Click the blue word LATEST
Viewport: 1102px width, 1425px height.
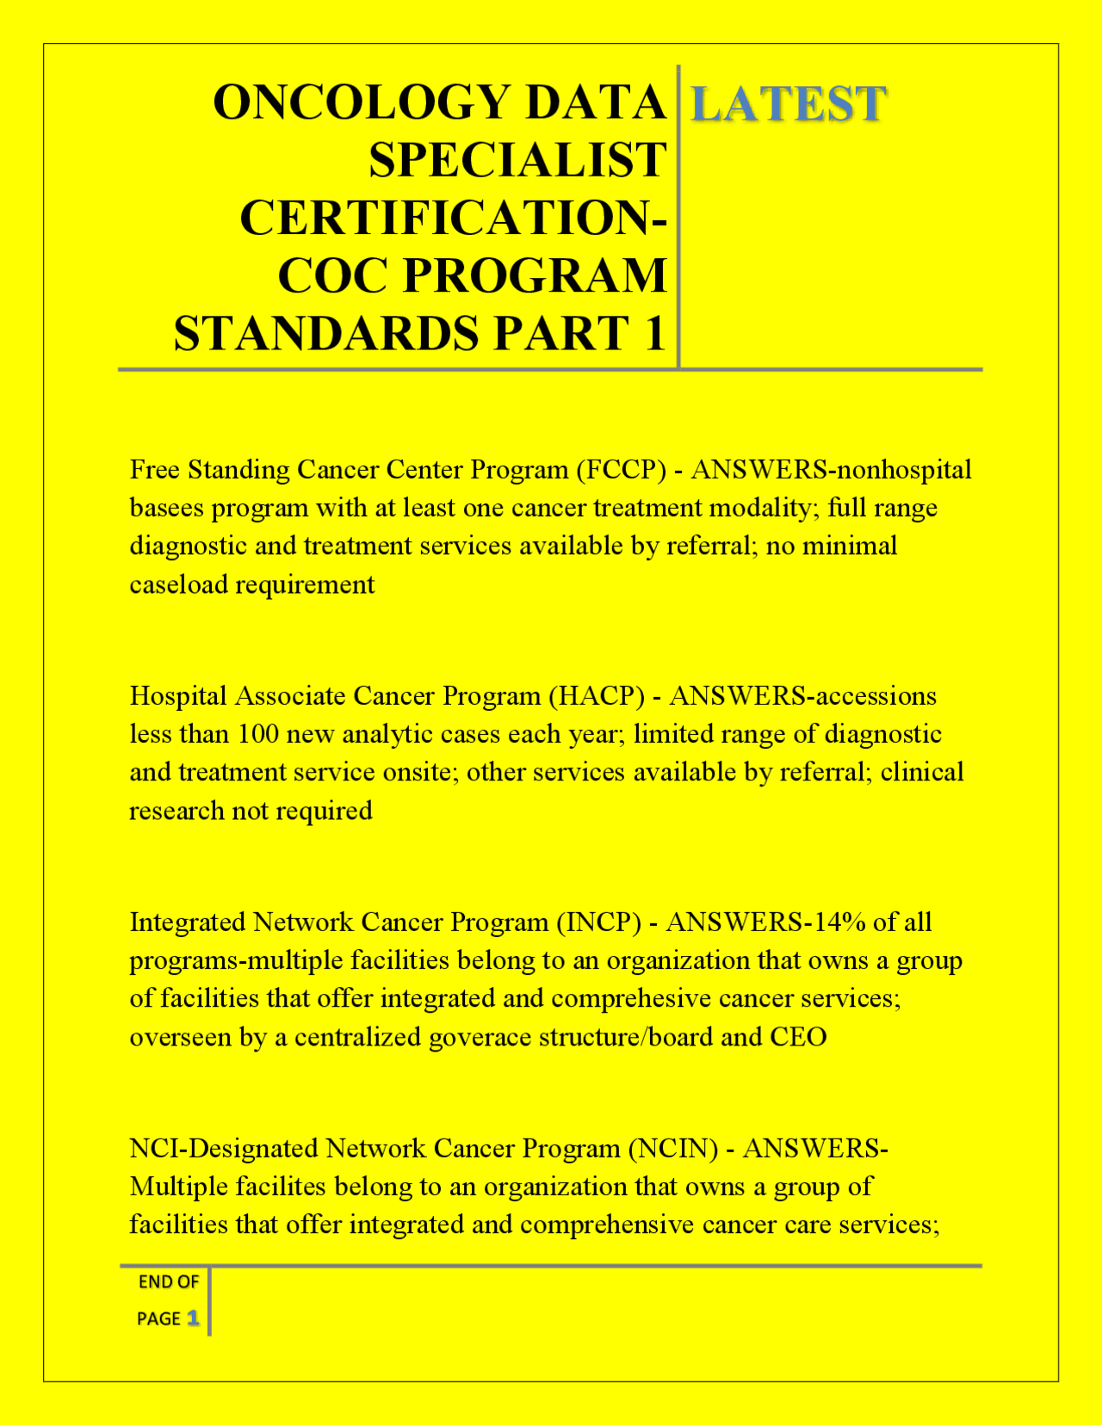click(788, 104)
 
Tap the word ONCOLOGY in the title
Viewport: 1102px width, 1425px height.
click(362, 102)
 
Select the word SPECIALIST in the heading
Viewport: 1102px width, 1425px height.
click(517, 160)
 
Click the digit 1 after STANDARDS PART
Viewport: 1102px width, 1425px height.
click(654, 334)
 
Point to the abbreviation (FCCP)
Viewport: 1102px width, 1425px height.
click(621, 470)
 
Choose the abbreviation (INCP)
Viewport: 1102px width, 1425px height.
click(598, 922)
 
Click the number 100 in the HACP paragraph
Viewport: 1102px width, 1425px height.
click(257, 734)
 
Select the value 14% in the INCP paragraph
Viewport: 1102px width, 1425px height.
click(839, 922)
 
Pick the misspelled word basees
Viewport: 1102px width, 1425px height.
click(167, 508)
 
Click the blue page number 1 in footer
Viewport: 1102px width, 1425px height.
click(193, 1318)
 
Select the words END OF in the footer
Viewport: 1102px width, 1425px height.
click(169, 1282)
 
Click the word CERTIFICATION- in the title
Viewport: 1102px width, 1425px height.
click(453, 218)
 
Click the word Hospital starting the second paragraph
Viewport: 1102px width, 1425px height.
click(178, 696)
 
